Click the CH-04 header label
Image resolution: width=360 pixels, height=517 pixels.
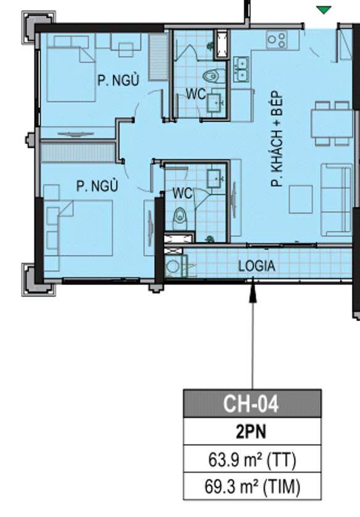tap(251, 403)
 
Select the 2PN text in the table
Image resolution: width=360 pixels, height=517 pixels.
tap(251, 432)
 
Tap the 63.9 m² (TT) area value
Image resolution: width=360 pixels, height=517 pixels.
tap(252, 460)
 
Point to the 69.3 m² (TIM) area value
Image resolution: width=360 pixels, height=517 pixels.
tap(252, 486)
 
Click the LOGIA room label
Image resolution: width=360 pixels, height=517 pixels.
tap(256, 266)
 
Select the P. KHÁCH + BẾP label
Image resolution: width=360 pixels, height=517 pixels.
tap(277, 141)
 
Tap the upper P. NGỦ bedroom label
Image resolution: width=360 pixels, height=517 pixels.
tap(118, 80)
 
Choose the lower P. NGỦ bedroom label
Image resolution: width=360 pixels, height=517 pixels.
tap(97, 186)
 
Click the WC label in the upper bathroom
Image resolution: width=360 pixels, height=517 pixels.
tap(195, 94)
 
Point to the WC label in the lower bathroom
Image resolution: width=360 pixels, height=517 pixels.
tap(182, 193)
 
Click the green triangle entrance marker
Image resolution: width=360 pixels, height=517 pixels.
tap(324, 10)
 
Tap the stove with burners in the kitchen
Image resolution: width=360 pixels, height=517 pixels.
tap(277, 39)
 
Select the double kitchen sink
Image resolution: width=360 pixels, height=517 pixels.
tap(242, 69)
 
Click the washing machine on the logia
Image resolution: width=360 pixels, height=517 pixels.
tap(173, 266)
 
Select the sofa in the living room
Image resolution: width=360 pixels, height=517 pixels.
tap(337, 199)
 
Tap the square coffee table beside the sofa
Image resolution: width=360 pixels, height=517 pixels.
tap(301, 199)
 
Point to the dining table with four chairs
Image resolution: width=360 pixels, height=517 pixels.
tap(332, 123)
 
